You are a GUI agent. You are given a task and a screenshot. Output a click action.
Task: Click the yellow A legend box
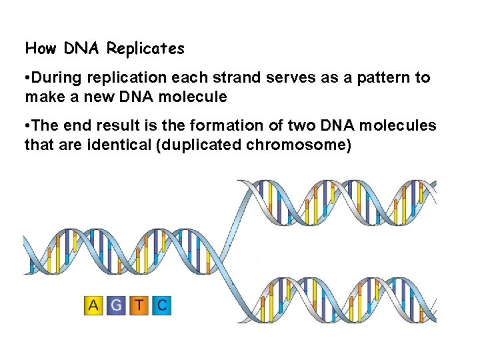click(x=93, y=306)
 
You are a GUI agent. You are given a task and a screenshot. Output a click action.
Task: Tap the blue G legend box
click(x=116, y=306)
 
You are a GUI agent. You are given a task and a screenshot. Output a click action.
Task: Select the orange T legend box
click(x=139, y=306)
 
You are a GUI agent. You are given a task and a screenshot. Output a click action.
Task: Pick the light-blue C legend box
click(x=161, y=306)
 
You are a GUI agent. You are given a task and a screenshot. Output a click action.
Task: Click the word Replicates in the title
click(x=145, y=49)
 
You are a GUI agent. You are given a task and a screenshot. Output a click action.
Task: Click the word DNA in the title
click(x=81, y=49)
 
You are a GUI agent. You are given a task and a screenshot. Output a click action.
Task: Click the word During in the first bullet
click(x=55, y=78)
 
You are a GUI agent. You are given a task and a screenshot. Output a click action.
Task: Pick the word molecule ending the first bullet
click(x=196, y=97)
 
